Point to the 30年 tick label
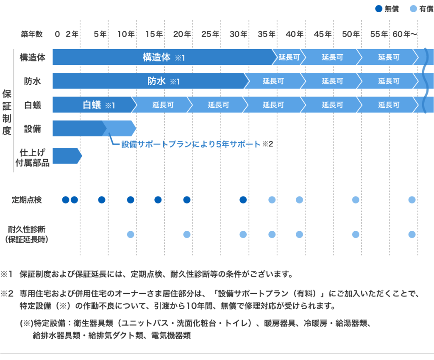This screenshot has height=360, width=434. click(x=238, y=34)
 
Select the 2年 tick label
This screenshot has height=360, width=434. click(x=72, y=34)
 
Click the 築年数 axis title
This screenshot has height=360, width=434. click(x=31, y=34)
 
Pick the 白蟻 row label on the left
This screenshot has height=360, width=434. click(x=32, y=105)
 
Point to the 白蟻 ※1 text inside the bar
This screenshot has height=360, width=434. click(x=99, y=105)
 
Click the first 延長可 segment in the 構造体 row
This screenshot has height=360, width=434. click(x=289, y=57)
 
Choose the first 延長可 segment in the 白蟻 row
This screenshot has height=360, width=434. click(x=163, y=105)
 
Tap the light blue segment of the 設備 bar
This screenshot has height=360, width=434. click(x=119, y=128)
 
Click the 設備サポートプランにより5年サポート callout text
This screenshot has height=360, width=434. click(x=191, y=144)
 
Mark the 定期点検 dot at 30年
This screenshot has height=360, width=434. click(x=243, y=200)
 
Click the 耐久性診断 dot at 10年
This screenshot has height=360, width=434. click(x=131, y=234)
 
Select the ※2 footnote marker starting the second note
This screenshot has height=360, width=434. click(x=8, y=293)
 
